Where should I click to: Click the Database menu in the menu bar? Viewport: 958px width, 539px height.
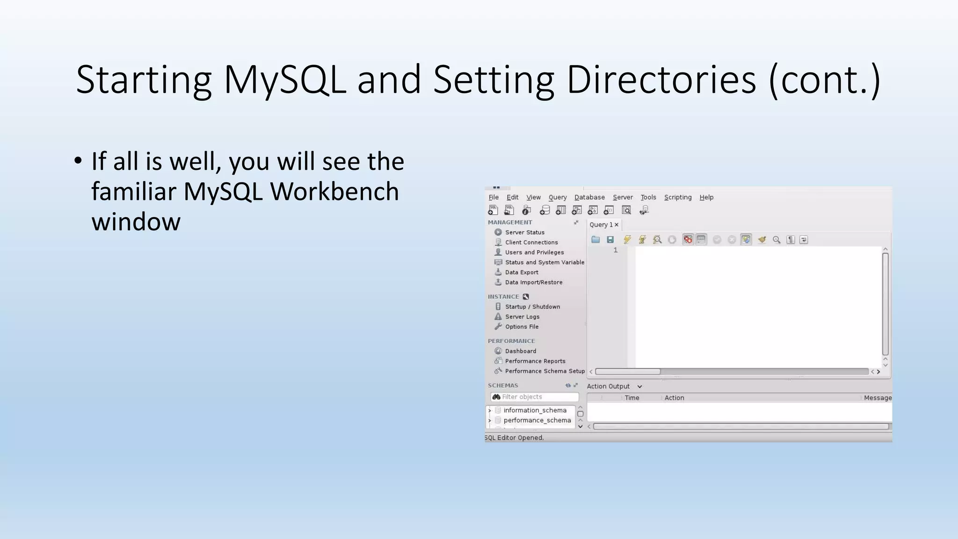coord(589,197)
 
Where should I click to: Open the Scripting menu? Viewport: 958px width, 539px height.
coord(677,197)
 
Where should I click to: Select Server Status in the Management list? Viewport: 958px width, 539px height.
coord(524,233)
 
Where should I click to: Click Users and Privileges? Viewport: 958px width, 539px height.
coord(534,252)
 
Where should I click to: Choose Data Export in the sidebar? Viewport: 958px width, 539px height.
coord(522,272)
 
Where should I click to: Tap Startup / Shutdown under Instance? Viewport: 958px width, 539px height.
coord(532,307)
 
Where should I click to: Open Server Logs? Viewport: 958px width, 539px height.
coord(522,317)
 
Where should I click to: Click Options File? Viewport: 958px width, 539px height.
coord(522,327)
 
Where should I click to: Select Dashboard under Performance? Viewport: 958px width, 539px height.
coord(520,351)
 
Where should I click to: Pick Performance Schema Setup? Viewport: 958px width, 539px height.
coord(544,371)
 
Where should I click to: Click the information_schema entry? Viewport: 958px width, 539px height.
coord(535,410)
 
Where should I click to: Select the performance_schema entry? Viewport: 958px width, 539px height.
coord(537,421)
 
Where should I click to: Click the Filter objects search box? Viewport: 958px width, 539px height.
coord(538,397)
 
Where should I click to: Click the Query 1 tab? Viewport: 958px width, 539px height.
coord(601,225)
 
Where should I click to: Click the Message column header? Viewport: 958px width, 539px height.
coord(877,398)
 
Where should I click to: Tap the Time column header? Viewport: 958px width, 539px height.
coord(631,398)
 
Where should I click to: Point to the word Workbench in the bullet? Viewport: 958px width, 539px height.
coord(334,192)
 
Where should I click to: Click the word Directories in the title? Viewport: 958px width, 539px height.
coord(661,80)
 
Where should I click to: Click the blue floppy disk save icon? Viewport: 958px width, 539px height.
coord(610,240)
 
